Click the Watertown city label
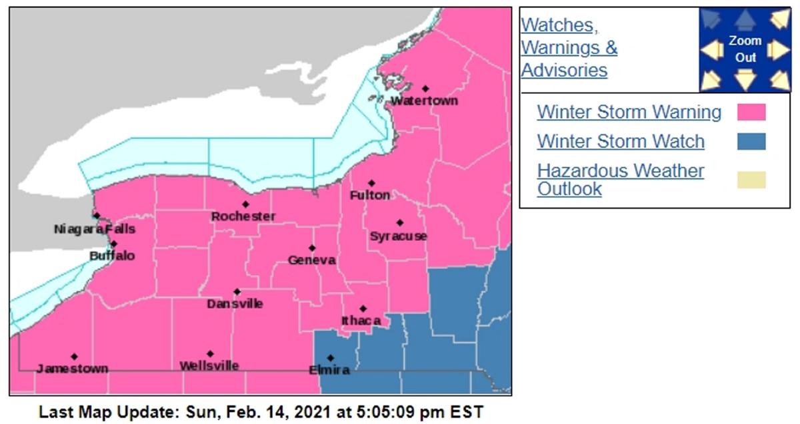[424, 101]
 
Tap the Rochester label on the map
[243, 216]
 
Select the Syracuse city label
[398, 236]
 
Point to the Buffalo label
[112, 256]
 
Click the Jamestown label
[72, 369]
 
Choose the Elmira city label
[329, 370]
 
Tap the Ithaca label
[361, 321]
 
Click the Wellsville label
[209, 366]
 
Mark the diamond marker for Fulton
[371, 183]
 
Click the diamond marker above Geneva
[311, 248]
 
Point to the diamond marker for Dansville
[237, 292]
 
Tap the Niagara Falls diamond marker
[97, 216]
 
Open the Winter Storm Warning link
[629, 112]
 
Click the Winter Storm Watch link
[620, 142]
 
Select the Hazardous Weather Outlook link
[620, 180]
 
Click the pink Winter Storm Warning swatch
[751, 112]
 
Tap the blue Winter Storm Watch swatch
[751, 142]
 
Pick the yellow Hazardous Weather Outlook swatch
[751, 180]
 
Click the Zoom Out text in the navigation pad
[745, 49]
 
